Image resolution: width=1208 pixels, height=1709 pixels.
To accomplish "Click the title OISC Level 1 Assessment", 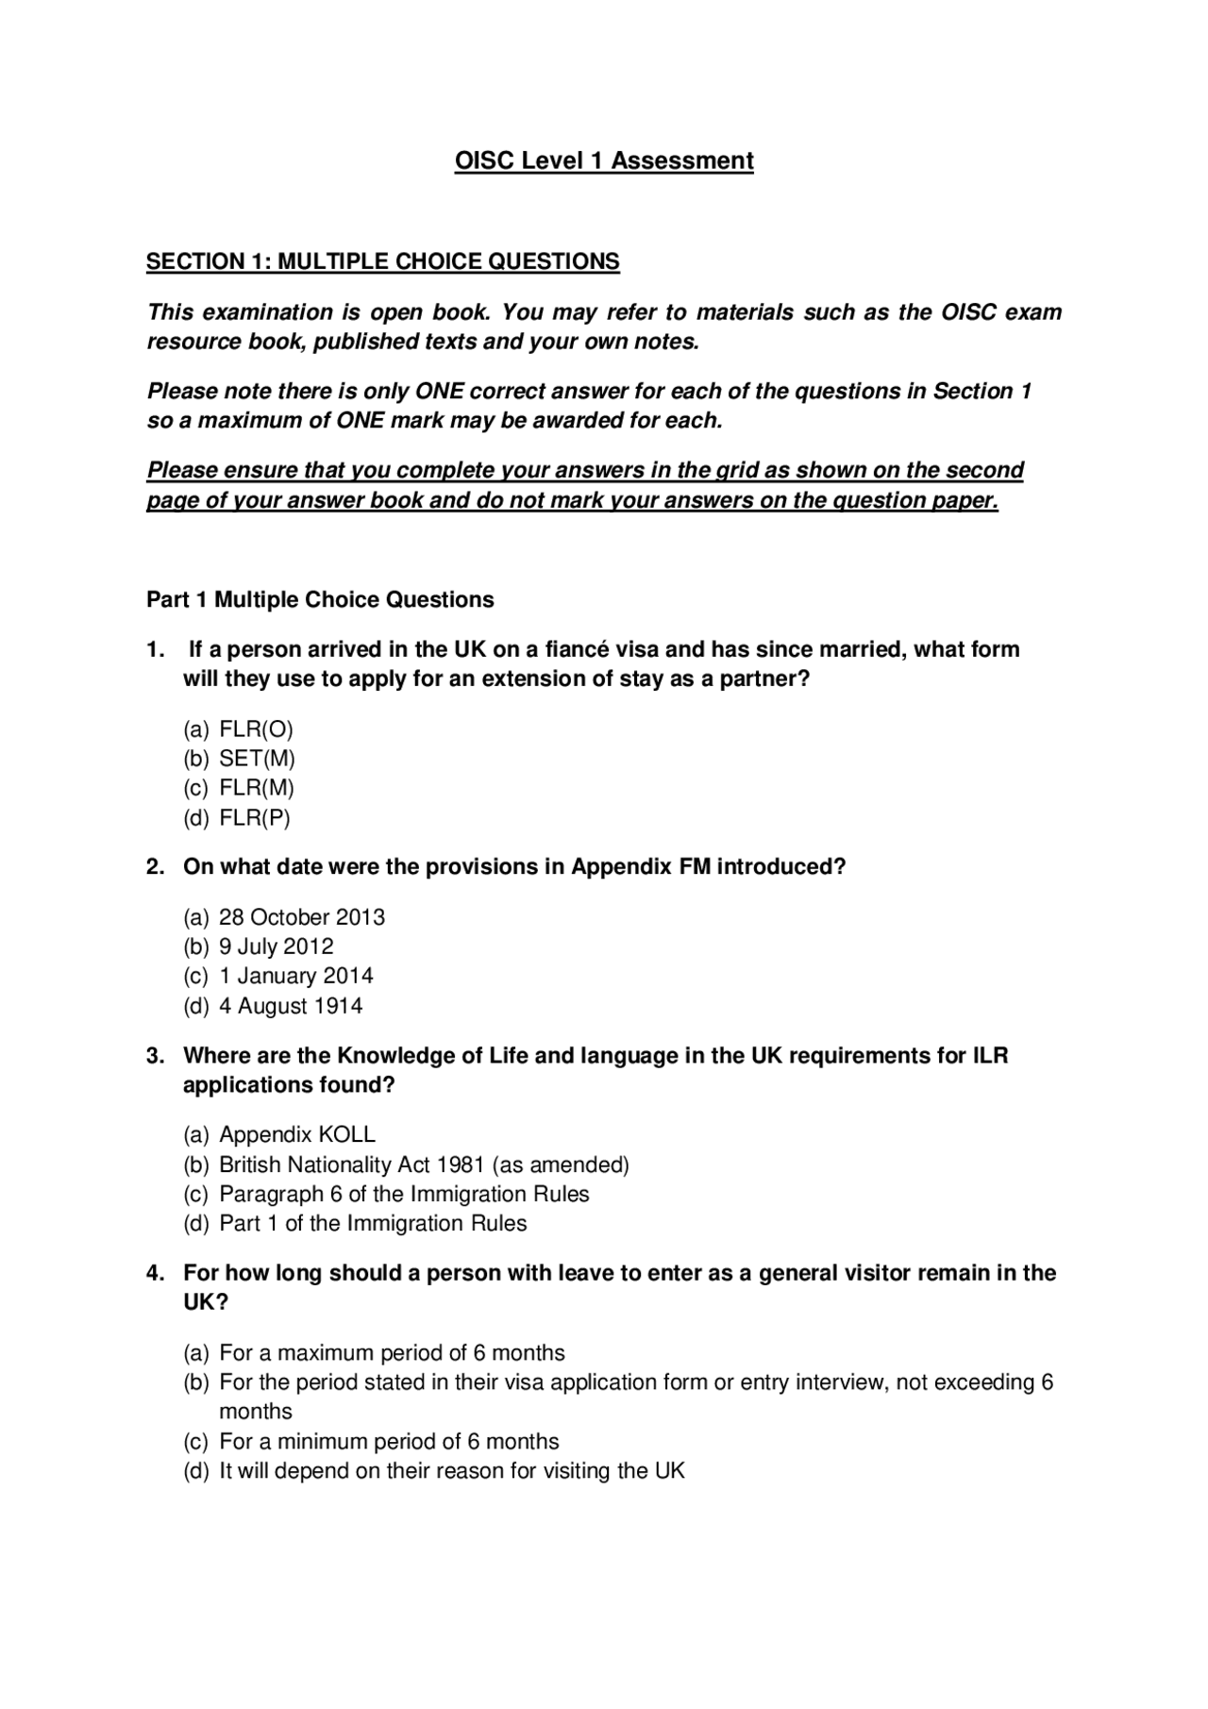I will (x=604, y=161).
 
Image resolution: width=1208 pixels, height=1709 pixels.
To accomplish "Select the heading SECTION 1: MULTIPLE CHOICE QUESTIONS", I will (x=382, y=261).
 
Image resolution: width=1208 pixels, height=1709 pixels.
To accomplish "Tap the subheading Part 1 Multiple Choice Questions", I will (x=320, y=600).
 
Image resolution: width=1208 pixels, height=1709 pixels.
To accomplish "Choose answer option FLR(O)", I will (x=256, y=729).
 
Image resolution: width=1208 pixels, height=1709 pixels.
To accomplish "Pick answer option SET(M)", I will (x=257, y=759).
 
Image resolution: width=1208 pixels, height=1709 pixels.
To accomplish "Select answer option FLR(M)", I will (x=257, y=788).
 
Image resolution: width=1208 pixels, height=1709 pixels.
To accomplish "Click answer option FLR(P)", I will (x=255, y=818).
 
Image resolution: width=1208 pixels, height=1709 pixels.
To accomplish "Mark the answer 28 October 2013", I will (x=301, y=917).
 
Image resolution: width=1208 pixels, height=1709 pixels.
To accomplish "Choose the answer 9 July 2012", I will (x=276, y=947).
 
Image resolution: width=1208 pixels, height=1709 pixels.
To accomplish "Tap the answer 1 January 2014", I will (x=295, y=976).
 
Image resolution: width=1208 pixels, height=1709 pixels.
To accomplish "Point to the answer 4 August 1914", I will (x=290, y=1006).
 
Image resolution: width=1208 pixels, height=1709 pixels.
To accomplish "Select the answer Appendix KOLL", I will (x=296, y=1134).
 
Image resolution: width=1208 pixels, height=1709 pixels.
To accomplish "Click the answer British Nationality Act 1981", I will (x=423, y=1164).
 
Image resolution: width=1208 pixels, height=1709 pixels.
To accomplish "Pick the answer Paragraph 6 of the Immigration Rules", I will (x=403, y=1194).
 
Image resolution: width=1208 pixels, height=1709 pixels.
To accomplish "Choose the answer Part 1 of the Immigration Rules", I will (x=372, y=1223).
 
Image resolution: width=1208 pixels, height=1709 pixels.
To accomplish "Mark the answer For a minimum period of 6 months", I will (x=388, y=1442).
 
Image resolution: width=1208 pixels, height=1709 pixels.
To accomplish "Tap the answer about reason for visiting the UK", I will (x=451, y=1471).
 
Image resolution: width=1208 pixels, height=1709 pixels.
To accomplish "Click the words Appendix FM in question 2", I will (x=641, y=867).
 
